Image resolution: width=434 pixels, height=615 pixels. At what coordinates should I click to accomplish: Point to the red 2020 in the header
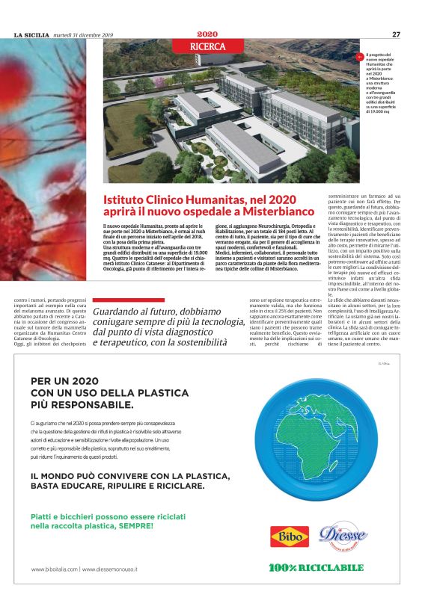pos(207,34)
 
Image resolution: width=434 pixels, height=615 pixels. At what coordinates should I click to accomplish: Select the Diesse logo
pos(342,535)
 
